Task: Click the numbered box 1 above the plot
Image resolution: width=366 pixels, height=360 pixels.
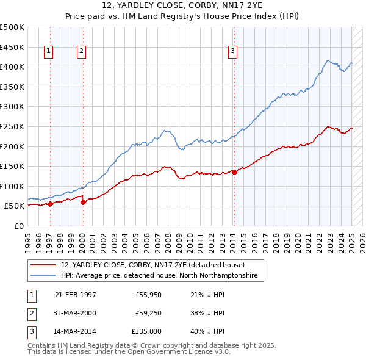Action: pyautogui.click(x=48, y=52)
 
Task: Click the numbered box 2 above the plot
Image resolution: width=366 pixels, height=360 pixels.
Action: pyautogui.click(x=81, y=52)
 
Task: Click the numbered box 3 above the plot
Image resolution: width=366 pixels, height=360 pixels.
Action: pyautogui.click(x=232, y=52)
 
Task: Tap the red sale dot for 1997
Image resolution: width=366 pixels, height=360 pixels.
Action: pyautogui.click(x=50, y=204)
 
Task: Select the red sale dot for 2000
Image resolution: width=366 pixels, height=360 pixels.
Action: pyautogui.click(x=84, y=203)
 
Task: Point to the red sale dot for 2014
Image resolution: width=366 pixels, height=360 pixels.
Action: pyautogui.click(x=234, y=172)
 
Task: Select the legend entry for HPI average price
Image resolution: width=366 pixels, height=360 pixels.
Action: pyautogui.click(x=159, y=276)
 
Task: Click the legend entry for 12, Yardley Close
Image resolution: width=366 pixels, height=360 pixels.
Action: pyautogui.click(x=152, y=265)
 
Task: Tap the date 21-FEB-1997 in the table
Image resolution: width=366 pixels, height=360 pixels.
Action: pyautogui.click(x=76, y=295)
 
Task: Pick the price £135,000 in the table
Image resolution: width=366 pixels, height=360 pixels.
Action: pyautogui.click(x=146, y=332)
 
